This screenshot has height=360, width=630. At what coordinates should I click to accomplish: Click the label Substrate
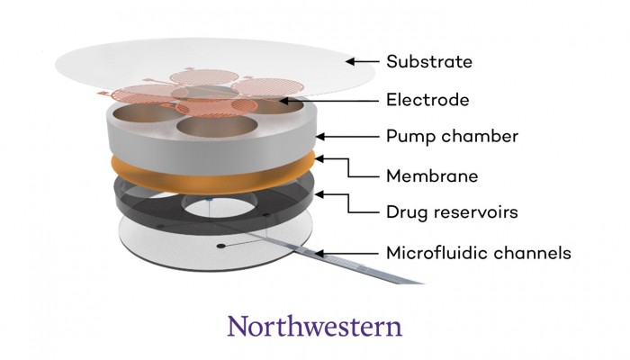(429, 62)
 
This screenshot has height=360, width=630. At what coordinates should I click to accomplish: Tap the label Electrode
(427, 100)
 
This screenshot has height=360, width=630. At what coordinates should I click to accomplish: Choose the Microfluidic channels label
(478, 253)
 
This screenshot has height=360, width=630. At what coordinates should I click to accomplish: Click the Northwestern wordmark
(314, 326)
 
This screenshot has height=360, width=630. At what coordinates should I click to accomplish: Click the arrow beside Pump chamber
(346, 138)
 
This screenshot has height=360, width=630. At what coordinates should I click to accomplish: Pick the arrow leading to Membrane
(346, 169)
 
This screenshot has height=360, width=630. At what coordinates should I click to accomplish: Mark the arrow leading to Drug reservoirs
(346, 205)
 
